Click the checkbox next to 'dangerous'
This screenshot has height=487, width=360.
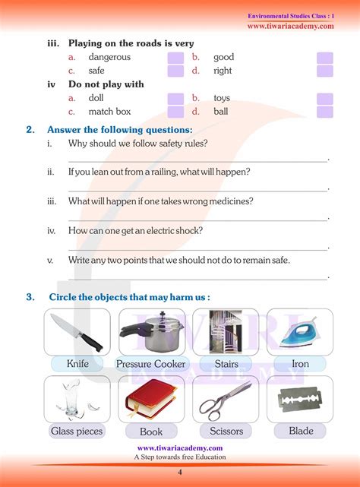point(175,58)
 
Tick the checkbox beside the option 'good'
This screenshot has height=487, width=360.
point(325,58)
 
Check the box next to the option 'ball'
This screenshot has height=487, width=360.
point(325,112)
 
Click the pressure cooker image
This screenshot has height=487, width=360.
point(150,331)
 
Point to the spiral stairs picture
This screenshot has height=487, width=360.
point(226,331)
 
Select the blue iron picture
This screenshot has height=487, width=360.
point(301,333)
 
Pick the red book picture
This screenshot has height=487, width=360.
point(150,400)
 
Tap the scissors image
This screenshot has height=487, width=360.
point(226,400)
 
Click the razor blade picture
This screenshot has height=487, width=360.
point(301,400)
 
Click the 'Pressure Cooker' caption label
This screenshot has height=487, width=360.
point(150,364)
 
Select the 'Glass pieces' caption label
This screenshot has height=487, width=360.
point(77,432)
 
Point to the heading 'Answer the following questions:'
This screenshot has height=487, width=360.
point(119,130)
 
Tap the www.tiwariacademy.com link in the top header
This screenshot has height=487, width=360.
point(290,27)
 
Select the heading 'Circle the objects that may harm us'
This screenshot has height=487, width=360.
point(129,296)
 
